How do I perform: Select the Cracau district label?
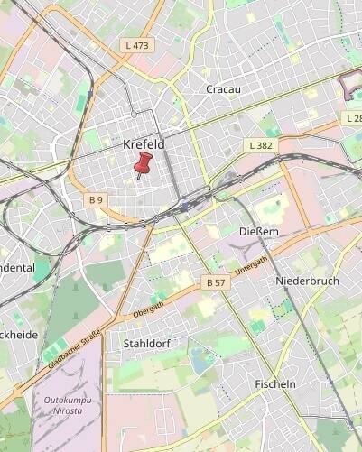pyautogui.click(x=222, y=89)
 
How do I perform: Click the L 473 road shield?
pyautogui.click(x=138, y=44)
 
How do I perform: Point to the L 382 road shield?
pyautogui.click(x=260, y=145)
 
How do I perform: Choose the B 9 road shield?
pyautogui.click(x=97, y=198)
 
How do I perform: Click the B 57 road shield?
pyautogui.click(x=216, y=282)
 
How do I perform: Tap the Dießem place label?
pyautogui.click(x=258, y=232)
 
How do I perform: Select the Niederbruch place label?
pyautogui.click(x=307, y=281)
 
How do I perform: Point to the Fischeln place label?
pyautogui.click(x=275, y=383)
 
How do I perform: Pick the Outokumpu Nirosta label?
pyautogui.click(x=62, y=405)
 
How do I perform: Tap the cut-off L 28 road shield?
pyautogui.click(x=352, y=118)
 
